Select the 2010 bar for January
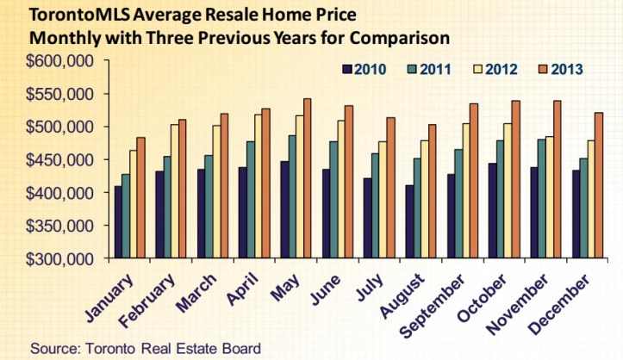[x=118, y=222]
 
